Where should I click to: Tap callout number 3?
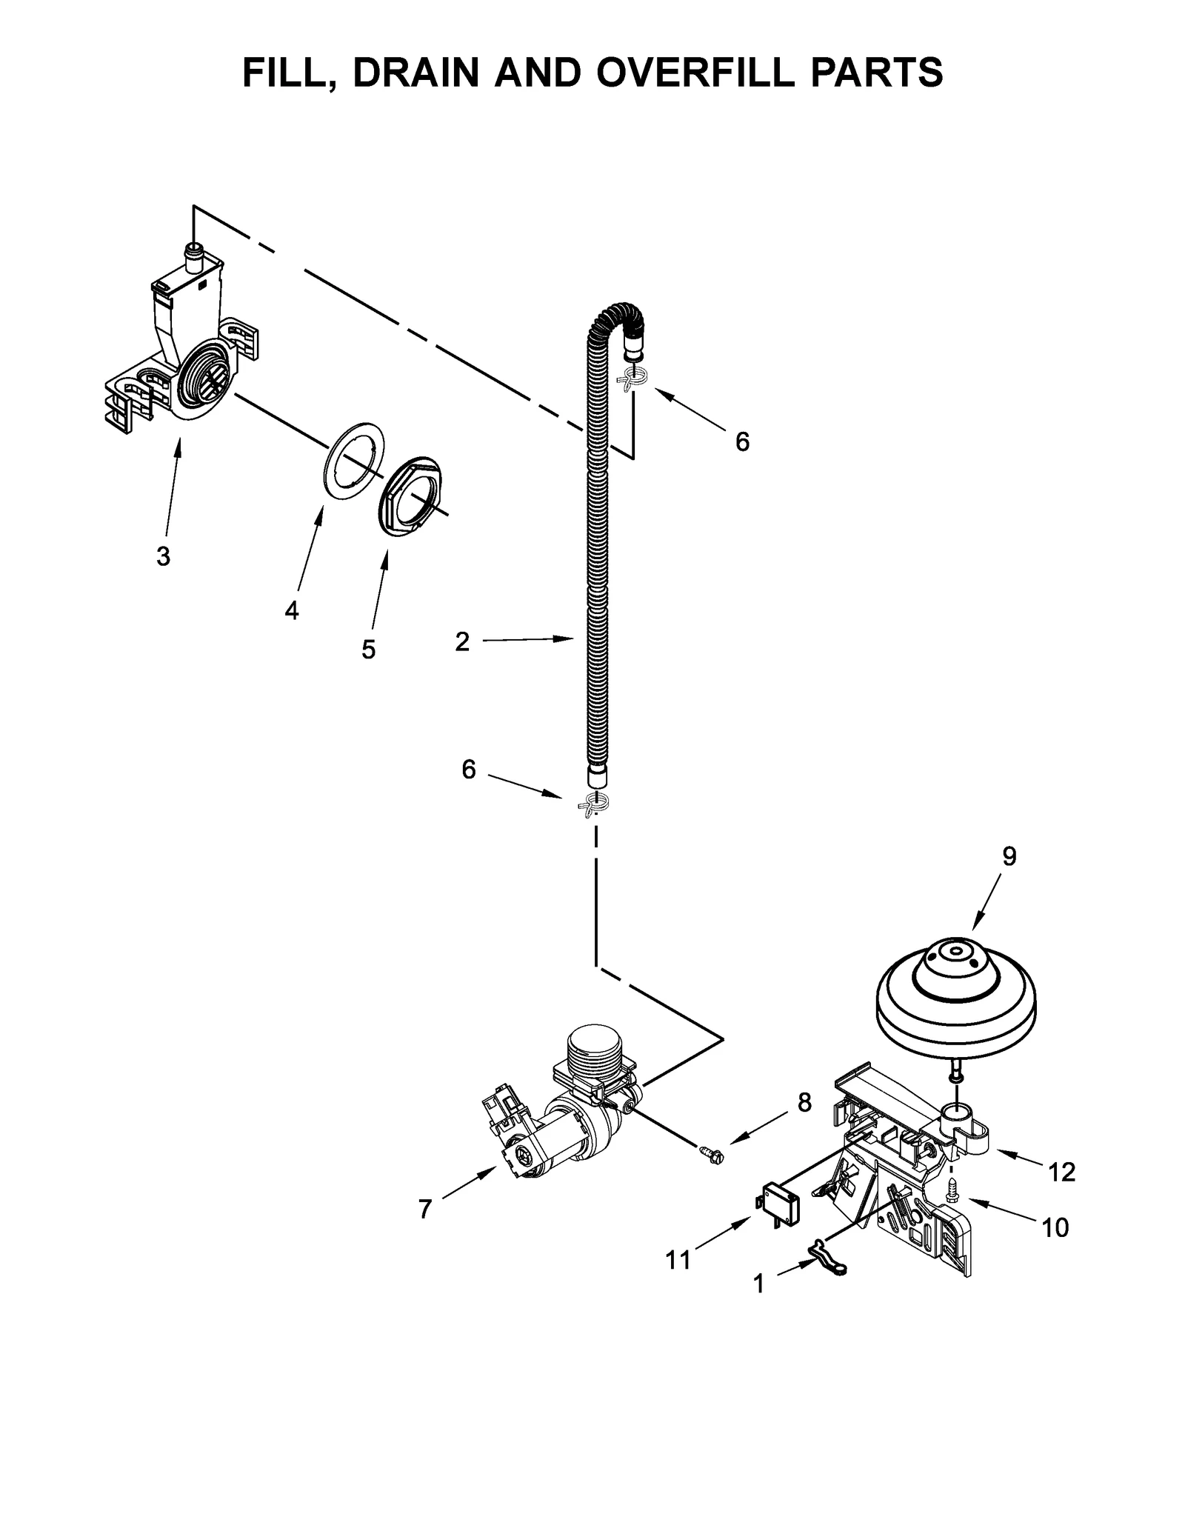point(164,556)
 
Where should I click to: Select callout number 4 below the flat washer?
point(292,610)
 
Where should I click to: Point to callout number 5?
point(368,650)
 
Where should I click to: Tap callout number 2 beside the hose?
point(462,641)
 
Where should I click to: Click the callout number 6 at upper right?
point(742,442)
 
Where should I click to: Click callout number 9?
point(1009,856)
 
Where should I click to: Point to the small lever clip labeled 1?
point(827,1267)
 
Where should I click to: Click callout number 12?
point(1061,1172)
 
